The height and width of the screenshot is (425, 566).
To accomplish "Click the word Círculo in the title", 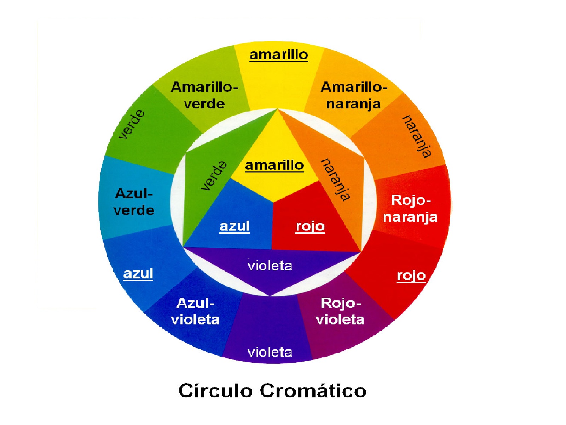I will click(x=215, y=391).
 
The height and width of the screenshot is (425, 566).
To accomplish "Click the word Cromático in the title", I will click(x=313, y=391).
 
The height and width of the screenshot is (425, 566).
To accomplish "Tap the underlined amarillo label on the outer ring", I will click(x=279, y=55).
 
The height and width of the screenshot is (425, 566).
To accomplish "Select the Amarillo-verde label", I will click(x=204, y=95).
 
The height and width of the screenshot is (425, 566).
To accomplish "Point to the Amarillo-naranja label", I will click(x=354, y=95).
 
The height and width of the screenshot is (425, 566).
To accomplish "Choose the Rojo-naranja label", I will click(x=410, y=209).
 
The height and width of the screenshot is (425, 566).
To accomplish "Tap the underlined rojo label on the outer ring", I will click(x=411, y=275).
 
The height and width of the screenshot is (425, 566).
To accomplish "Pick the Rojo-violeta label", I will click(x=340, y=311).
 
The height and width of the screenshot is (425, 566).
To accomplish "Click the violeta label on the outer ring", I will click(x=270, y=352).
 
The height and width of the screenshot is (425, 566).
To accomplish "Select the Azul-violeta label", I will click(x=195, y=311).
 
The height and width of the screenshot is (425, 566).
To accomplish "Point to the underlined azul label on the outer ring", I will click(x=138, y=273).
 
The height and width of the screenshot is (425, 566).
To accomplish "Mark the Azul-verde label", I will click(x=134, y=202).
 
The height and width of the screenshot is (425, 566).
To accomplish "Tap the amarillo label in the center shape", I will click(x=275, y=165).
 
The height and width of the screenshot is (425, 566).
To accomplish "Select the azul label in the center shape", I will click(x=235, y=226).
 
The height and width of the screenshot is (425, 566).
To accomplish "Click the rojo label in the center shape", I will click(x=310, y=226).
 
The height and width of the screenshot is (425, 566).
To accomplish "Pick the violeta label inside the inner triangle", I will click(x=270, y=266).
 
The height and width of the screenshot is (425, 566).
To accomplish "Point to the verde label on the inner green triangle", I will click(x=214, y=176).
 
